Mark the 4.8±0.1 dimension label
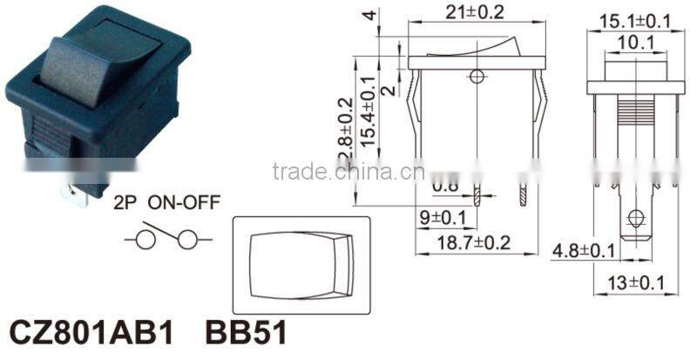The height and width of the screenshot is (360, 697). [x=584, y=252]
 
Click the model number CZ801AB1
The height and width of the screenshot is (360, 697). [x=91, y=332]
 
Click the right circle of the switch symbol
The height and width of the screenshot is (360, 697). [x=186, y=239]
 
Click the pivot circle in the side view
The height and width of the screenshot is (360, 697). [x=476, y=77]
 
